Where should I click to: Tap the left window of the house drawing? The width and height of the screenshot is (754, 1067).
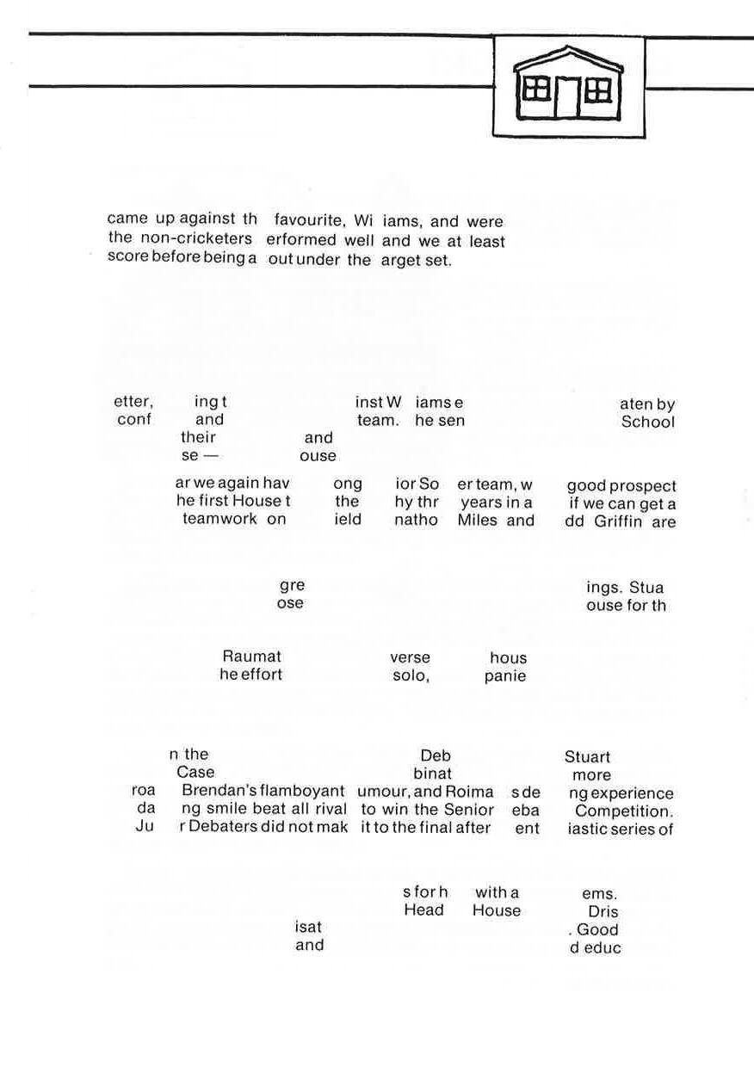tap(536, 88)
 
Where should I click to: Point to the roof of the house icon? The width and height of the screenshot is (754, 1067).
tap(568, 58)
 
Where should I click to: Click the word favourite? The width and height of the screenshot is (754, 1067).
tap(310, 221)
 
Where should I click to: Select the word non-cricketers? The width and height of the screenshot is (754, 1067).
tap(196, 239)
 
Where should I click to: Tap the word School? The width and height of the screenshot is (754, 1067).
tap(648, 422)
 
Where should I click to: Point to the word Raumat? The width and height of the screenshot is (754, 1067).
tap(251, 658)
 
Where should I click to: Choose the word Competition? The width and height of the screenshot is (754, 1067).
tap(624, 811)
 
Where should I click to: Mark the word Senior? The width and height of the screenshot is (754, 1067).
tap(469, 810)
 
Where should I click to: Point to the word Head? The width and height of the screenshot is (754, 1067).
tap(423, 910)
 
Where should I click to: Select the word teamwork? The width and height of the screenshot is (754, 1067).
tap(219, 520)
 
